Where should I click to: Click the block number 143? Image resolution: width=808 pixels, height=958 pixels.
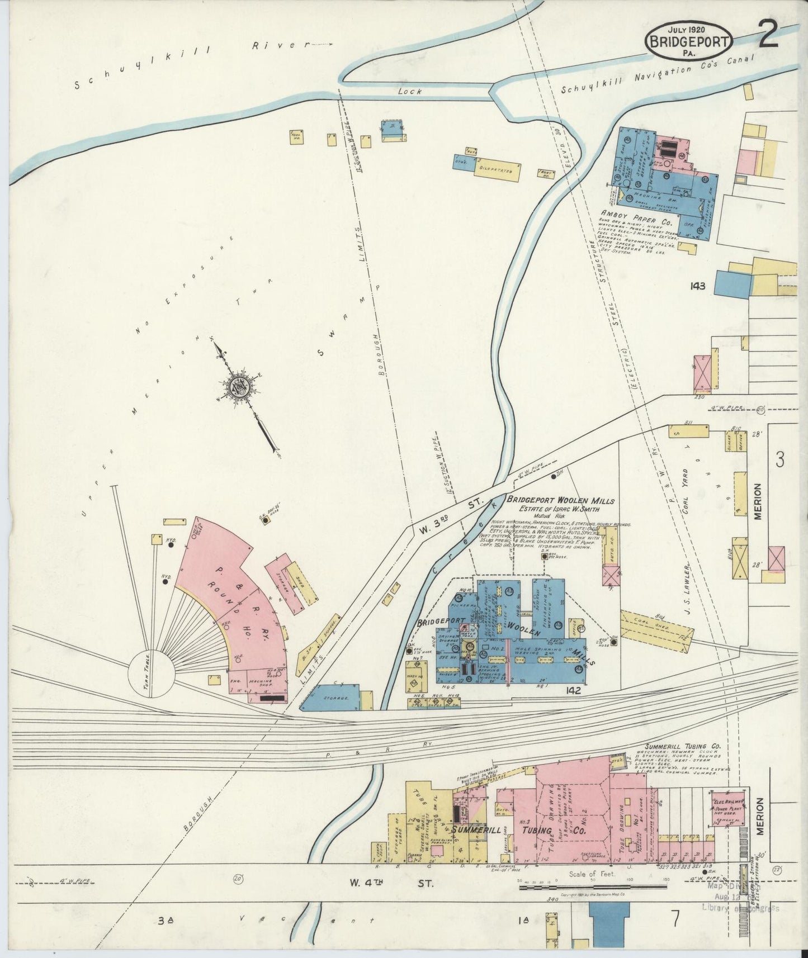697,286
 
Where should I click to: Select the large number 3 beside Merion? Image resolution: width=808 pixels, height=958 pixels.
779,459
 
